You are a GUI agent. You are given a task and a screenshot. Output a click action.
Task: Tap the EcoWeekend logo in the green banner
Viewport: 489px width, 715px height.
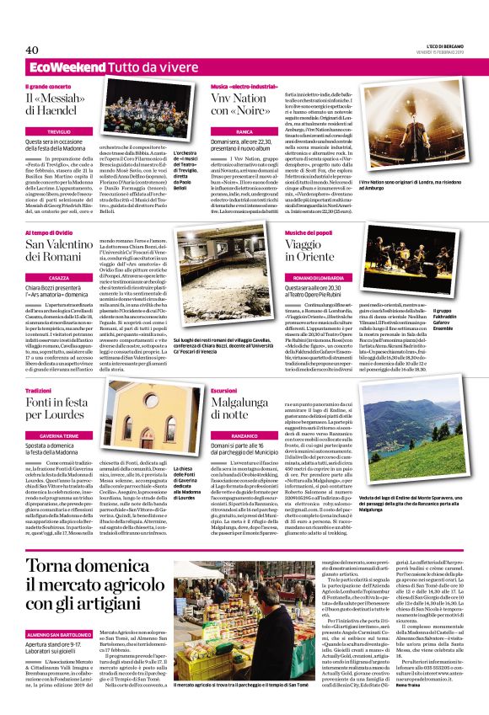click(x=56, y=66)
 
